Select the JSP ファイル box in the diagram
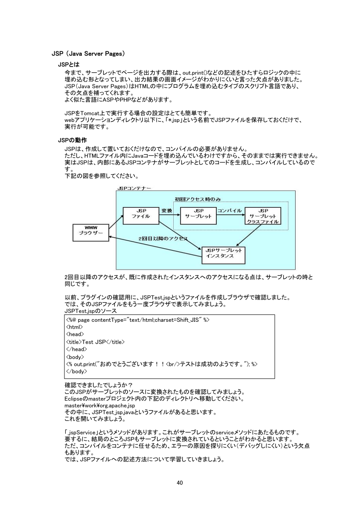point(141,213)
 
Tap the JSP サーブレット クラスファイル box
point(262,216)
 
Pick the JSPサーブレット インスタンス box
point(222,253)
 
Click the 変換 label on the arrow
point(166,211)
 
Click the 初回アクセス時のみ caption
point(198,199)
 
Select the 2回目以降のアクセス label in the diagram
point(162,239)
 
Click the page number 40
point(180,482)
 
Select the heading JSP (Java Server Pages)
point(88,54)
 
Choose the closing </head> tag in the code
point(76,349)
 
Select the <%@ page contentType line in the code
point(138,320)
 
